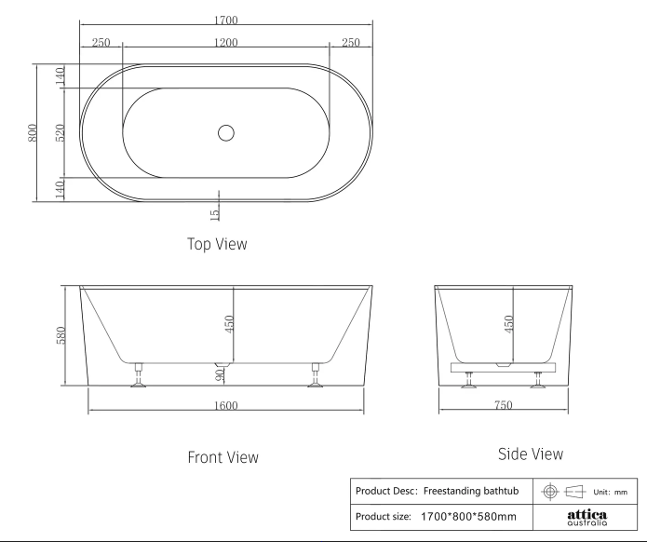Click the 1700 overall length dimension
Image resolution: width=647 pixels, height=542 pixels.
226,20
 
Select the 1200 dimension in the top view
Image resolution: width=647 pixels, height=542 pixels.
226,43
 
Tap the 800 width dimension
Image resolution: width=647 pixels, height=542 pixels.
33,132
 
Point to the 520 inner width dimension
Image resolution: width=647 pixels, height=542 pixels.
61,132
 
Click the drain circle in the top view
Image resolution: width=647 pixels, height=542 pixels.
225,133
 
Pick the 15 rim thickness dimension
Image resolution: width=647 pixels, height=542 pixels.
214,214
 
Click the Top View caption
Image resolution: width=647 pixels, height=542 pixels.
217,244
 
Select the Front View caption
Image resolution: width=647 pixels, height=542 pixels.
222,457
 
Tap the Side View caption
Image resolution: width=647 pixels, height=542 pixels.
531,454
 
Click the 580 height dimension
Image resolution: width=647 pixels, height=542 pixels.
61,335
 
